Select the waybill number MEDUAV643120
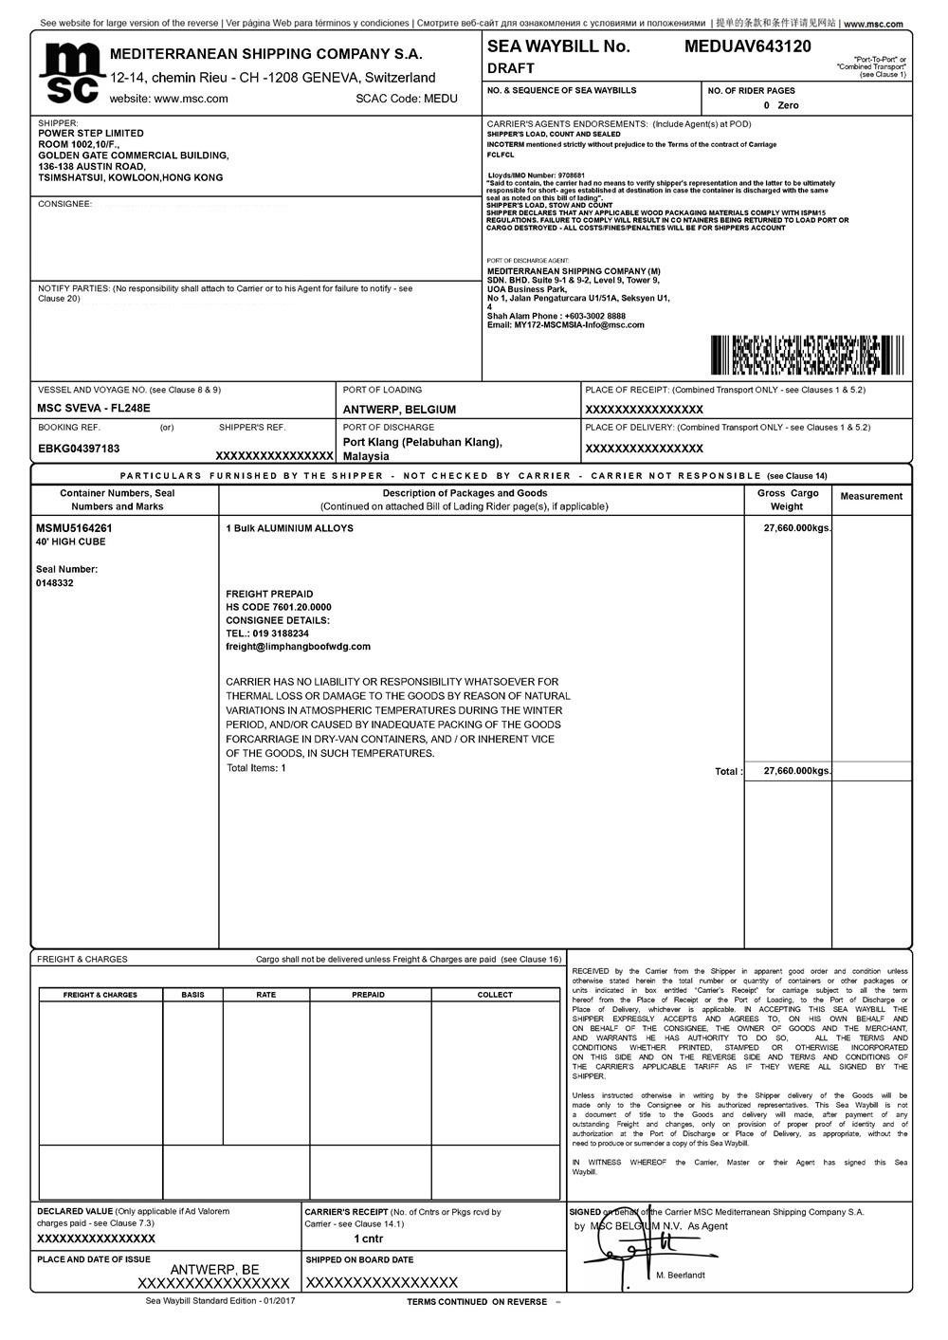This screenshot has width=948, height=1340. point(747,46)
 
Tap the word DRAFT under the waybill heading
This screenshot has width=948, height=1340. point(511,68)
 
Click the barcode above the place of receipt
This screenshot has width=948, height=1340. point(793,355)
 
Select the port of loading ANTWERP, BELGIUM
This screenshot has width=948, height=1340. point(399,410)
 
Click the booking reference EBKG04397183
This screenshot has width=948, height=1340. point(79,449)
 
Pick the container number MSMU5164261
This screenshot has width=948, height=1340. point(74,528)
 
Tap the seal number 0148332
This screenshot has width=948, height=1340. point(55,583)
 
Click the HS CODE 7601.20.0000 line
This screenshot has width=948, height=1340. point(279,607)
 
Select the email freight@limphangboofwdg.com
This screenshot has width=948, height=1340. point(298,647)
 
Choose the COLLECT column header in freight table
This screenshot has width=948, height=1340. point(495,995)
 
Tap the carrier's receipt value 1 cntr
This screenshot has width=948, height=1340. point(369,1239)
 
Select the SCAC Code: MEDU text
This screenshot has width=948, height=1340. point(407,99)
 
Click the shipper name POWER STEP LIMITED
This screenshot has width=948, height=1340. point(91,134)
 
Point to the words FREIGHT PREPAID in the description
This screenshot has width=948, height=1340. point(269,594)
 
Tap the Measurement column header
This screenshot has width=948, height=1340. point(871,496)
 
